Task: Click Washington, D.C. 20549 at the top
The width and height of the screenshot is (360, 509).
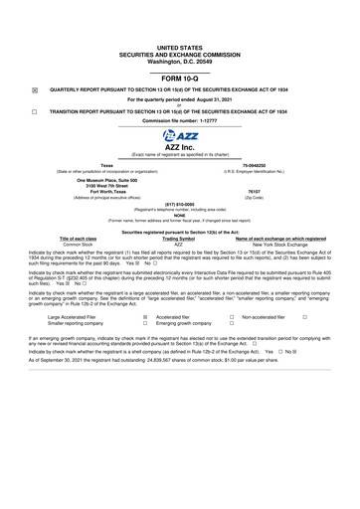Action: pyautogui.click(x=179, y=62)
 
